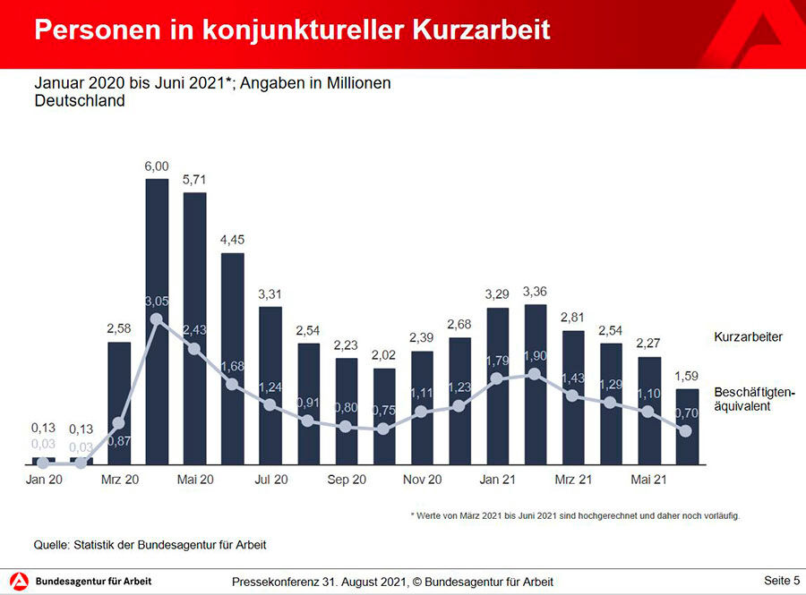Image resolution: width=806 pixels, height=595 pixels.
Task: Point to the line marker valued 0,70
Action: click(686, 431)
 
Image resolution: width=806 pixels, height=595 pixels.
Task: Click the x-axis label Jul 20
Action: click(270, 480)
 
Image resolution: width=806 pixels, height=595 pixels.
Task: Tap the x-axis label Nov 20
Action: click(422, 480)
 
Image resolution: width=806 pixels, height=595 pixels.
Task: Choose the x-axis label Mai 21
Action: click(649, 480)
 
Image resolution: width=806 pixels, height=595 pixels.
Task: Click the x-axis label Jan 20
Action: click(44, 480)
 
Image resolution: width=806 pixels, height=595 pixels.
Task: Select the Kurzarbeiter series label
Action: click(748, 337)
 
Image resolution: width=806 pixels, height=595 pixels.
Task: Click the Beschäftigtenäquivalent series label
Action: click(754, 399)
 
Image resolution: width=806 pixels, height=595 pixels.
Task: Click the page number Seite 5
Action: click(782, 581)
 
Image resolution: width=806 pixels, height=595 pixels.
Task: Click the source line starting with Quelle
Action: click(150, 544)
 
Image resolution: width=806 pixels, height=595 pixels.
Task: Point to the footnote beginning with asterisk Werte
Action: click(575, 516)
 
